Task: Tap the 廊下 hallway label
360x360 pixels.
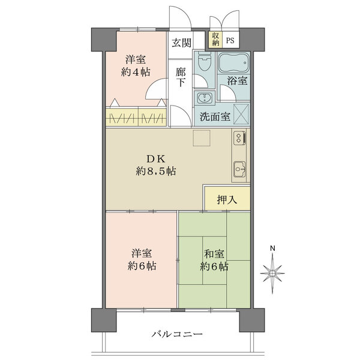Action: (x=181, y=77)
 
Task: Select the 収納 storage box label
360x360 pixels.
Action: (x=215, y=39)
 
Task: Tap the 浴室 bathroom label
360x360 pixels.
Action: (x=237, y=80)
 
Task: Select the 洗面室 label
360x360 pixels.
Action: (x=215, y=117)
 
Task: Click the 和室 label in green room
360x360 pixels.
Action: (x=214, y=254)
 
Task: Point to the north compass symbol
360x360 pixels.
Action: (x=272, y=273)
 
